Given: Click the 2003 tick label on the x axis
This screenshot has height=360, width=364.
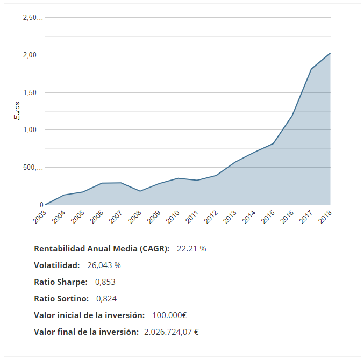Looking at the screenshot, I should point(39,216).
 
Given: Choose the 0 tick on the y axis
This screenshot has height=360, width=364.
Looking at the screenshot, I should point(41,205).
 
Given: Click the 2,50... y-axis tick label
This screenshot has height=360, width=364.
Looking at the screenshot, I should point(33,18).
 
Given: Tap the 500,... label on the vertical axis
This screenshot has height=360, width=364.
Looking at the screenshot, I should point(33,168).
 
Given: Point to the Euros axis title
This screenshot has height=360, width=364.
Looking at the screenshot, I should point(17,111).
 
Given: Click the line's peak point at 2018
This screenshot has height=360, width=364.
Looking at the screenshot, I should point(330,53).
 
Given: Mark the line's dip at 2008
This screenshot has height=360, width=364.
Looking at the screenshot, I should point(140,191).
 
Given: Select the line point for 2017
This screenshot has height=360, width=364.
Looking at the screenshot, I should point(311,69).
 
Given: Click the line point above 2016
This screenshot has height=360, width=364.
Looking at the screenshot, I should point(292,116).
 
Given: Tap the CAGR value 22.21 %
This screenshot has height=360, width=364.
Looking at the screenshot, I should point(191,249).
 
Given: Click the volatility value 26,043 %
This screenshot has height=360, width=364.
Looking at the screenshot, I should point(104,265).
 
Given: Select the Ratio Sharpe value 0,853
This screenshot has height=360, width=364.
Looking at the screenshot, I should point(105,282).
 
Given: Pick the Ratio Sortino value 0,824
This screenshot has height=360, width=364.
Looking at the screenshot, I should point(106,299).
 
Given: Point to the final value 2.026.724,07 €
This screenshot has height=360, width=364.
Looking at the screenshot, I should point(172,332).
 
